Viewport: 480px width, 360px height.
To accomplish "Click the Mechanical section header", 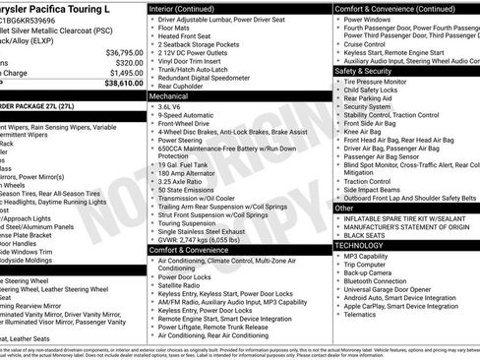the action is (x=168, y=97).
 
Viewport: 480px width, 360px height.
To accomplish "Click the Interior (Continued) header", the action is (x=188, y=7).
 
